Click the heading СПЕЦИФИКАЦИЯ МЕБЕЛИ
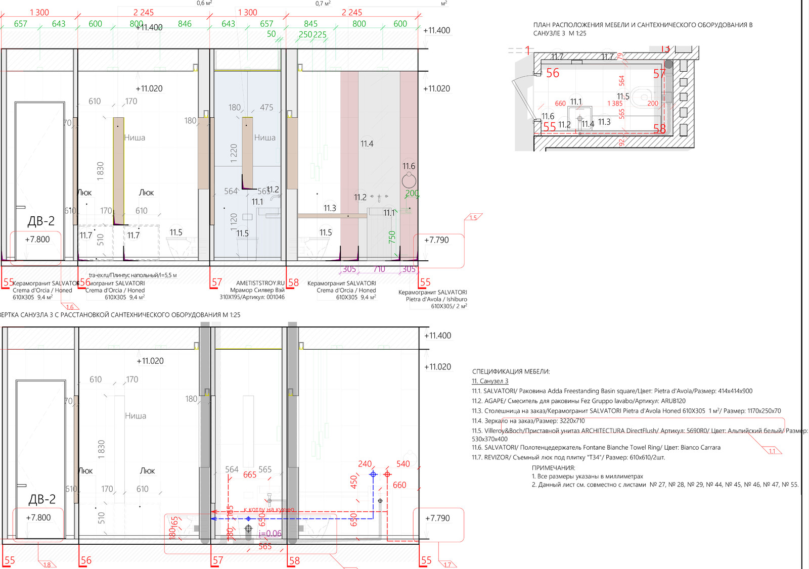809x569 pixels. point(511,371)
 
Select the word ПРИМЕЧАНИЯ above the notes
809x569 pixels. point(553,468)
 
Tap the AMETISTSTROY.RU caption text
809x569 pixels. point(260,283)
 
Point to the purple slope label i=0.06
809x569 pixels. point(270,534)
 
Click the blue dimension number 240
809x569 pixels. point(365,464)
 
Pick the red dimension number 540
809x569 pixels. point(403,464)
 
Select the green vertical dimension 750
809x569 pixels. point(392,237)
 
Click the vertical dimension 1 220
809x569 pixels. point(234,153)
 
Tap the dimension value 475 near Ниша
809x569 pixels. point(266,108)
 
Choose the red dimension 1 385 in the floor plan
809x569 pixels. point(615,104)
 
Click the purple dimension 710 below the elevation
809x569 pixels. point(379,269)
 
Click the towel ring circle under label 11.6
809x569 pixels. point(409,180)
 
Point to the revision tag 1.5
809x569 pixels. point(473,218)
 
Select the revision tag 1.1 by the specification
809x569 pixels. point(772,451)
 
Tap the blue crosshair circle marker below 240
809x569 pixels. point(373,475)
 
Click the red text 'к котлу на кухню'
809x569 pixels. point(268,510)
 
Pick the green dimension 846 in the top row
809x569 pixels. point(185,24)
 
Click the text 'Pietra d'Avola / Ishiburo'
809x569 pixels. point(436,299)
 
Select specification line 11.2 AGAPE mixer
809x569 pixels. point(578,401)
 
